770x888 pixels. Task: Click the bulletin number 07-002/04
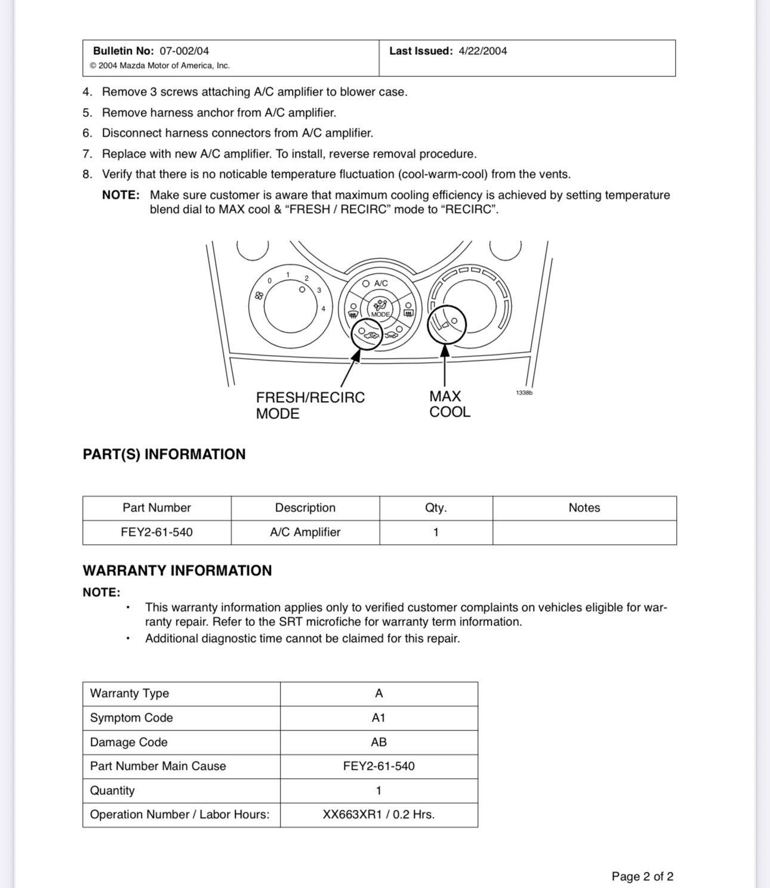184,51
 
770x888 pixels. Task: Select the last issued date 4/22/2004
482,51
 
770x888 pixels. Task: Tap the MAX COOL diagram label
449,404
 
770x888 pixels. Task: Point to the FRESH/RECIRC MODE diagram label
310,405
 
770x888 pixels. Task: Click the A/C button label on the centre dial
381,283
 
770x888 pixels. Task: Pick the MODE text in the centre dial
380,314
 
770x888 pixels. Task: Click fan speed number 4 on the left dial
324,309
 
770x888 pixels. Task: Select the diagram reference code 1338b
523,393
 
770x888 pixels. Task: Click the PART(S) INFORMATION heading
164,454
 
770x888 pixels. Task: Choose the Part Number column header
156,508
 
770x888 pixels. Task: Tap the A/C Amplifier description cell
305,532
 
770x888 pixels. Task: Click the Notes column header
584,508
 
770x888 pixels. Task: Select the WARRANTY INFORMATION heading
177,571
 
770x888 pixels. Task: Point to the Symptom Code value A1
378,718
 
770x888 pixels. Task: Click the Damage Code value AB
378,742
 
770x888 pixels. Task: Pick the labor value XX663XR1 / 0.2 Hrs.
378,815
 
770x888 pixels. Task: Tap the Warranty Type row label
130,693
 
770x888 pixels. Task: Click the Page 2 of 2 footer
642,876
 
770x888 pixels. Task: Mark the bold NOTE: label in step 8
121,195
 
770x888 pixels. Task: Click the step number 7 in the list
87,154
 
